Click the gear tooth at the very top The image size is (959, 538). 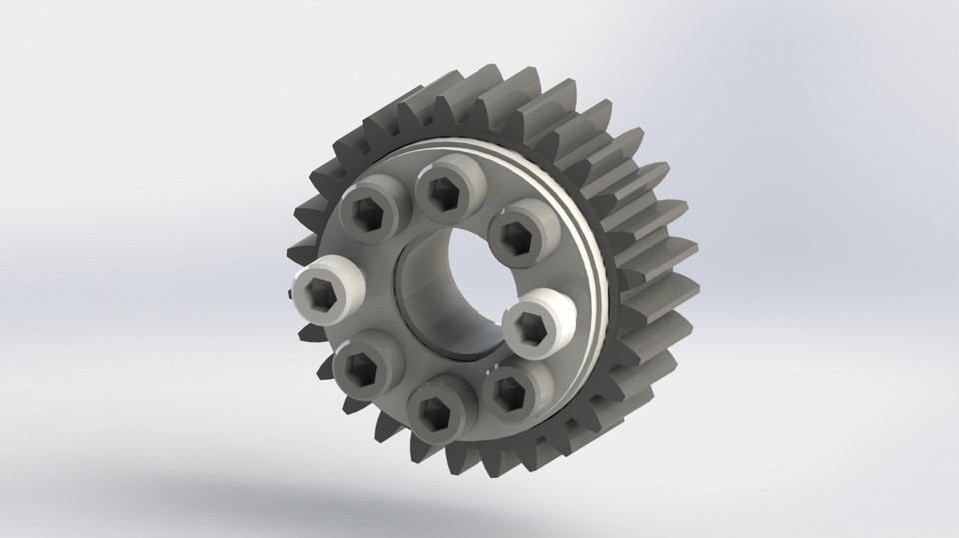(x=479, y=80)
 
